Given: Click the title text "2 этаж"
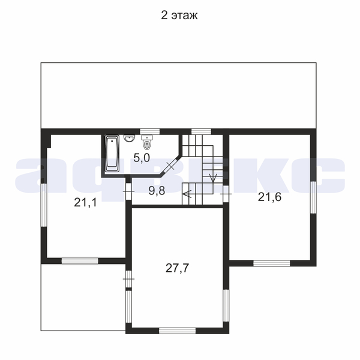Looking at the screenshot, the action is (179, 16).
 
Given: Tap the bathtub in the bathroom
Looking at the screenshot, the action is (112, 154).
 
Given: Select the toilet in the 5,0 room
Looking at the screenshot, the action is (147, 142).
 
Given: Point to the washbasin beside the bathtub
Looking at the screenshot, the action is (130, 138).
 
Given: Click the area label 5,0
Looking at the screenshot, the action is (142, 158).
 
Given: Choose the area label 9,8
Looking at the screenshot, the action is (157, 191).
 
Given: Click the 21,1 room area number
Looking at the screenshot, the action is (85, 203).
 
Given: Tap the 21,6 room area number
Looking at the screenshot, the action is (269, 197).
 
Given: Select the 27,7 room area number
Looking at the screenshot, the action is (177, 268).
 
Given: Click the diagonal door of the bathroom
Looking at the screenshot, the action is (170, 166).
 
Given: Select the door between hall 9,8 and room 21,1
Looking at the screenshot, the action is (128, 191).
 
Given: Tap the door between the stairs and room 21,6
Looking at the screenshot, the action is (226, 194).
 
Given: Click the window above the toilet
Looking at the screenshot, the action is (150, 131).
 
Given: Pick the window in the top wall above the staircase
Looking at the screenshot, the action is (202, 131).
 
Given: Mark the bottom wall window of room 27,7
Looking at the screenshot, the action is (177, 331).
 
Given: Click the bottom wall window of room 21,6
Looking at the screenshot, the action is (272, 263).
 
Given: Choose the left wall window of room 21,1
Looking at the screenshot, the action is (44, 205).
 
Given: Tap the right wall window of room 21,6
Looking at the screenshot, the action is (313, 197).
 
